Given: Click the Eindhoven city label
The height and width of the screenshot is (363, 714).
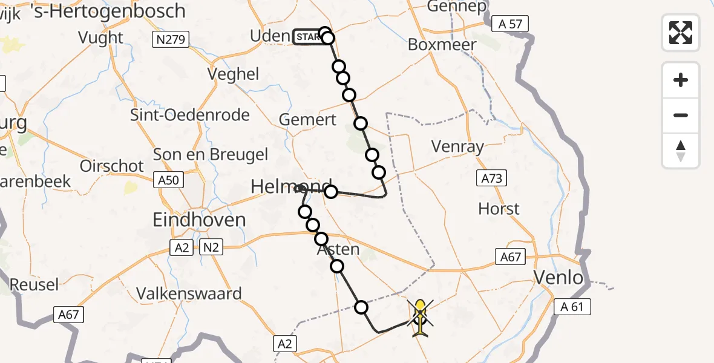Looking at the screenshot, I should pos(199,220).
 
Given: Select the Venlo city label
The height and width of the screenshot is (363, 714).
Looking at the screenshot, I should pos(558,278).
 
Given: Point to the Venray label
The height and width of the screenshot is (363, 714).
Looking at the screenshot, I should pos(457,146).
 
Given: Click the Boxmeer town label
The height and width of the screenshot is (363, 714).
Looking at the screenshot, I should pos(442,45).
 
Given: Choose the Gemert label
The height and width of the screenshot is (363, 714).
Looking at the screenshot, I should pos(308,120).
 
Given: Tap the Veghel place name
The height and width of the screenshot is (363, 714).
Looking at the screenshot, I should pos(233,74).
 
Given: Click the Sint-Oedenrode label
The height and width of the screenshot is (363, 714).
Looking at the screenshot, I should pos(190,115).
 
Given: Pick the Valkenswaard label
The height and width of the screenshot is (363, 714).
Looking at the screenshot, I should pos(189,294).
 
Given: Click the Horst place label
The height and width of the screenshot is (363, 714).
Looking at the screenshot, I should pos(499,209).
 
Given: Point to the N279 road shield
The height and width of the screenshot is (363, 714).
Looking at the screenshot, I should pos(171,41).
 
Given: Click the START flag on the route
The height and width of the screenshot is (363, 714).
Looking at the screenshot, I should pos(309,38).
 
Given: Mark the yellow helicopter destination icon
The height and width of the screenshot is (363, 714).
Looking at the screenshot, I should pos(420,316).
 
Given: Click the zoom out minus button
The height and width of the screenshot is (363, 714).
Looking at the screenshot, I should pos(681,115).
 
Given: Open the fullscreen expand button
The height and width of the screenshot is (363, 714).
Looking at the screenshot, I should pos(681,32).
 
